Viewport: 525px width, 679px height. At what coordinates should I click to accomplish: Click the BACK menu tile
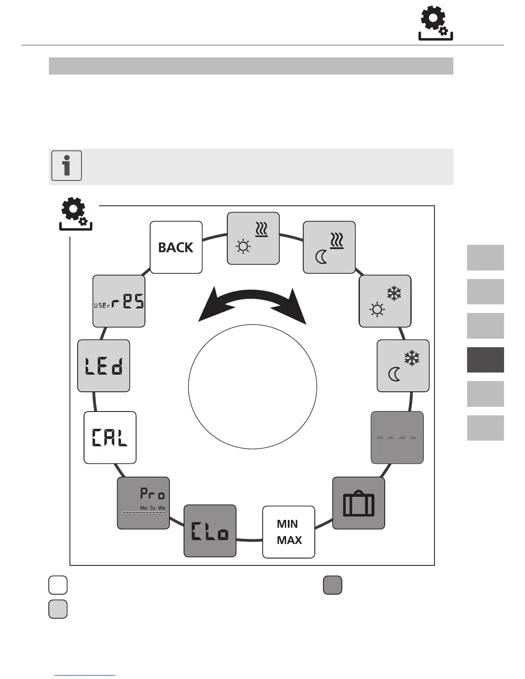click(x=176, y=247)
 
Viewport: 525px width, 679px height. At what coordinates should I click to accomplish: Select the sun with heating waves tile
click(x=253, y=238)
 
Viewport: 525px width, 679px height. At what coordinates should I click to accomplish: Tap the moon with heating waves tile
click(x=329, y=247)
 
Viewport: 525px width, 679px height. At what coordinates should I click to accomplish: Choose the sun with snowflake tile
click(x=385, y=301)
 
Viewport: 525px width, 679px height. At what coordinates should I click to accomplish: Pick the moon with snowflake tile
click(x=403, y=366)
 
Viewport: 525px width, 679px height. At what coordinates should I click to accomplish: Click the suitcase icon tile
click(x=359, y=503)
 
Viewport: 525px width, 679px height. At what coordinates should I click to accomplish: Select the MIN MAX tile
click(x=289, y=532)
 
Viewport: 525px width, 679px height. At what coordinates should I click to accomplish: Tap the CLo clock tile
click(x=210, y=531)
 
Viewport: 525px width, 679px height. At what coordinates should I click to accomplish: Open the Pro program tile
click(x=143, y=503)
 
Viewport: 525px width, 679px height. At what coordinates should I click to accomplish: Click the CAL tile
click(x=110, y=438)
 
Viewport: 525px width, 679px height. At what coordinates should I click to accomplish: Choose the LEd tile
click(x=103, y=366)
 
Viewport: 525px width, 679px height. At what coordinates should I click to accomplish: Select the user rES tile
click(x=119, y=301)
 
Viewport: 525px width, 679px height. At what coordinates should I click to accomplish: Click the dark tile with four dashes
click(x=397, y=438)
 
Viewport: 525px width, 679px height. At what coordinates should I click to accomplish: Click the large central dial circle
click(x=253, y=387)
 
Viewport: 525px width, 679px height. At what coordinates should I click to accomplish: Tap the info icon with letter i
click(x=66, y=166)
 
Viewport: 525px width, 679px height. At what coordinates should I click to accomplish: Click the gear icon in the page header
click(x=435, y=25)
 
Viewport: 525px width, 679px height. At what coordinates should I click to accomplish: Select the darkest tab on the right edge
click(x=485, y=360)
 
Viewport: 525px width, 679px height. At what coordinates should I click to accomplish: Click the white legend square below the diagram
click(x=58, y=585)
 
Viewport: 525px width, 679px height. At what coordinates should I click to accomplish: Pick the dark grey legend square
click(x=332, y=585)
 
